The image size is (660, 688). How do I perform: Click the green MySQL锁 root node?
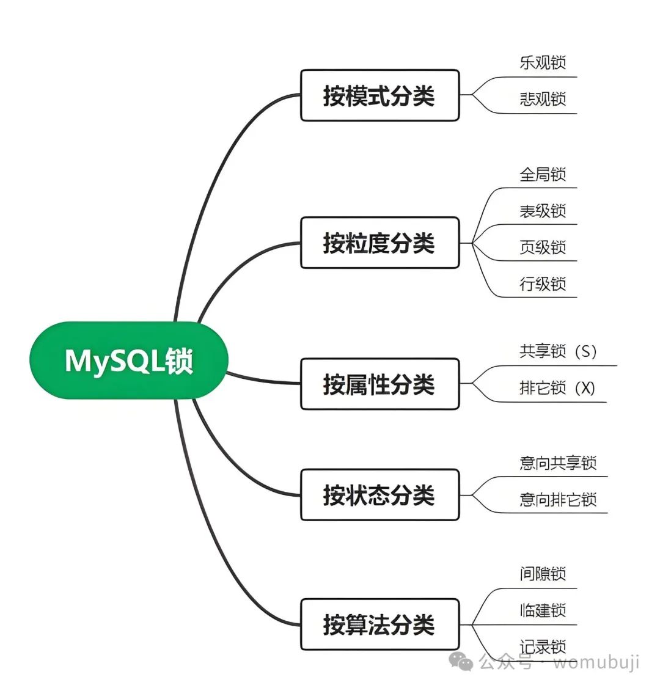(129, 360)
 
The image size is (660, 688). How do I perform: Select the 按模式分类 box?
(379, 95)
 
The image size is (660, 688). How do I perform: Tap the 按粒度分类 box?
(379, 243)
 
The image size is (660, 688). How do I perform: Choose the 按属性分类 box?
(379, 384)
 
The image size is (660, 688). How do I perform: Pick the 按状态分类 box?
(379, 494)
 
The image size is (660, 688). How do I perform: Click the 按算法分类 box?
(379, 624)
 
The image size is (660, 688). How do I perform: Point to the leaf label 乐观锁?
(543, 62)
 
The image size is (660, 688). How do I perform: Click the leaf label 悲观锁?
(543, 99)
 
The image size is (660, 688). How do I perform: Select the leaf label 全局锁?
(543, 174)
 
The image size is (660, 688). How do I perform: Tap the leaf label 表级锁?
(543, 211)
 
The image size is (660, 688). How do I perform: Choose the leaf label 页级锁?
(543, 247)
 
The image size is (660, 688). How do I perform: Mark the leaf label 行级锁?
(543, 284)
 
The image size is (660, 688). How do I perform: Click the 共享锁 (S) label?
(557, 351)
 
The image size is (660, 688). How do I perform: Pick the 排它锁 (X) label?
(557, 388)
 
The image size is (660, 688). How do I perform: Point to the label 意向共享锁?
(558, 463)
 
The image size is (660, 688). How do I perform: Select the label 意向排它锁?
(558, 499)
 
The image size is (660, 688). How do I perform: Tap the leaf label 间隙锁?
(543, 574)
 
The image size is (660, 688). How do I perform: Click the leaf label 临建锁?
(543, 610)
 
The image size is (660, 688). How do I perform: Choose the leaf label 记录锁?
(543, 646)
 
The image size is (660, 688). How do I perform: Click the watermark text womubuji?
(596, 662)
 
